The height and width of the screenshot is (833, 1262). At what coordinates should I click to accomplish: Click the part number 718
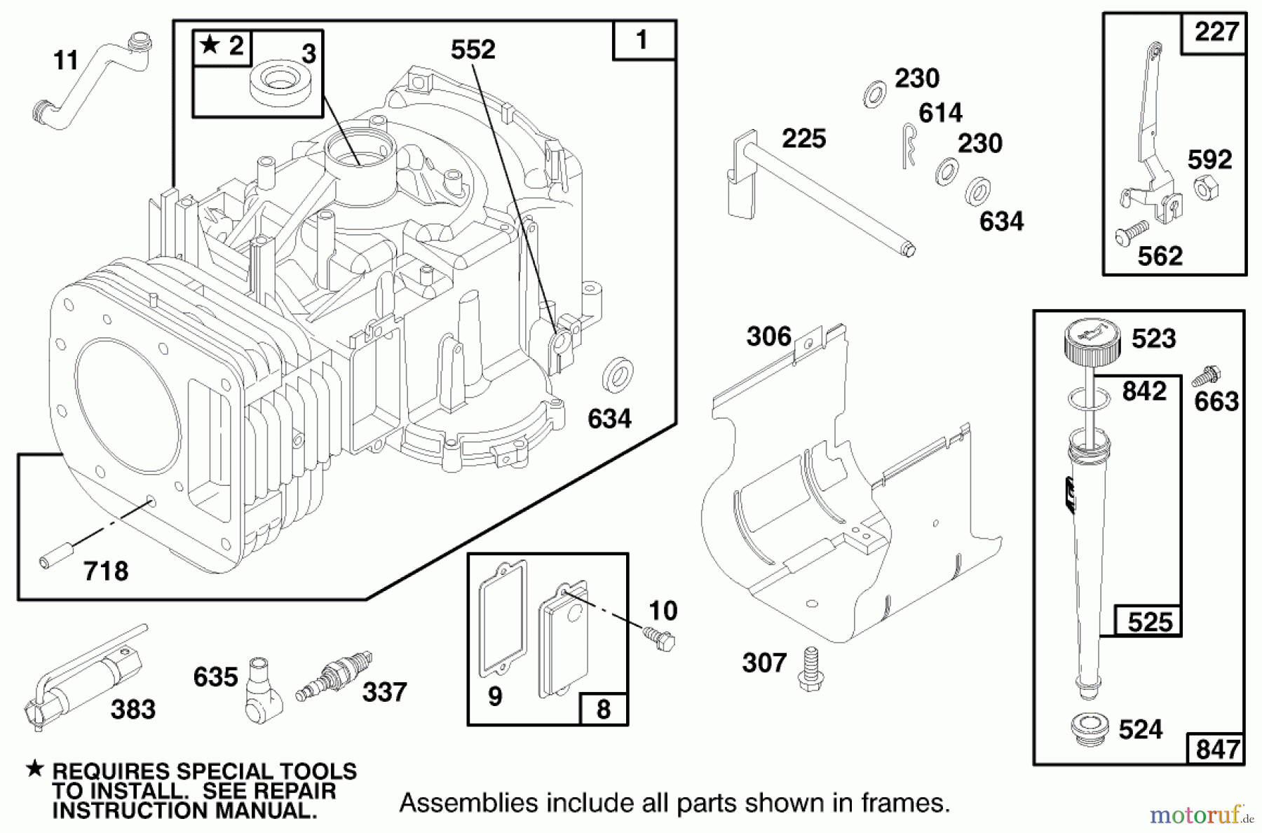click(106, 571)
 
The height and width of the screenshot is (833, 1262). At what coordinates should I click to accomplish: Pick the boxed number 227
click(1216, 32)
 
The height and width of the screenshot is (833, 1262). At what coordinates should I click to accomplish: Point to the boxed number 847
click(1216, 749)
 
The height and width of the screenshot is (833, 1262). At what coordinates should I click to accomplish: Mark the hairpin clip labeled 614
click(908, 145)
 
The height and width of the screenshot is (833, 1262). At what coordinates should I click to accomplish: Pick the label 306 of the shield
click(768, 337)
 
